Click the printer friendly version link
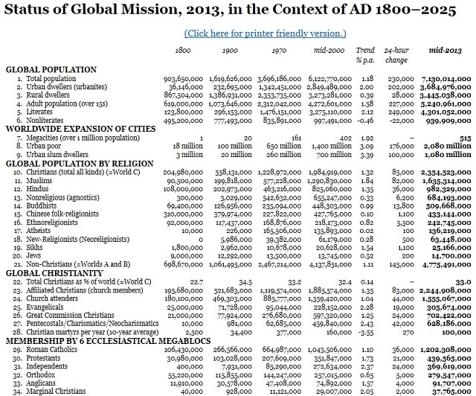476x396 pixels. click(265, 33)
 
